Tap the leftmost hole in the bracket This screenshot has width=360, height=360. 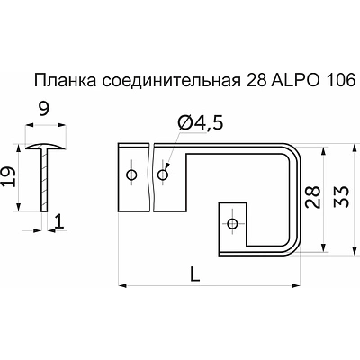132,174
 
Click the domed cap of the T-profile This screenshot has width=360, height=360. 41,146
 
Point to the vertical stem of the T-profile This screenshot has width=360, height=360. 42,180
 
